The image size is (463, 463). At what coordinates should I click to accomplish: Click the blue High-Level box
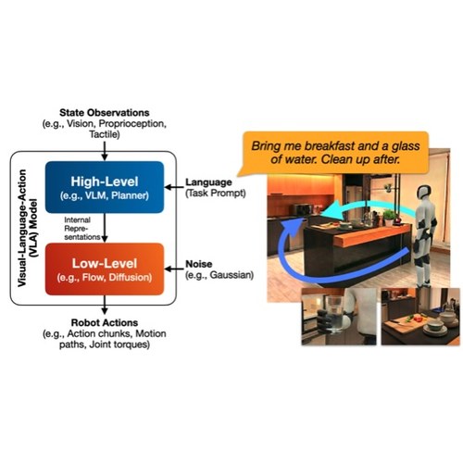(x=105, y=187)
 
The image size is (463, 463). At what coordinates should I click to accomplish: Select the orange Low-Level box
(x=105, y=269)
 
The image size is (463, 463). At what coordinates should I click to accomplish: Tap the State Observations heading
(x=105, y=113)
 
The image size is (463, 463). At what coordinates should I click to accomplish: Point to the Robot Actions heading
(x=105, y=322)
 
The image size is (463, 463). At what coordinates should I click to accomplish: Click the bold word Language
(x=208, y=182)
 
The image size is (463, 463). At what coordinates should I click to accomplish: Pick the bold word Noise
(x=198, y=264)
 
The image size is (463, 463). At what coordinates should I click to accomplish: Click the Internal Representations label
(x=81, y=229)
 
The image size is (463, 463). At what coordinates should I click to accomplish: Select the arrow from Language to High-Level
(x=174, y=187)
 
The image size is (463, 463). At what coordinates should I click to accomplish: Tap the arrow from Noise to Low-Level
(x=174, y=269)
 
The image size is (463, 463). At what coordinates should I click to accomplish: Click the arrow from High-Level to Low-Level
(x=105, y=228)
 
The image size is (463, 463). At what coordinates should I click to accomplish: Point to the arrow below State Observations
(x=105, y=151)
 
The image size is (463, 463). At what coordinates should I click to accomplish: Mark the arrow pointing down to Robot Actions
(x=105, y=305)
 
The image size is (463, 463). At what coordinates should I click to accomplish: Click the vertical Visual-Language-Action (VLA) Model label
(x=27, y=228)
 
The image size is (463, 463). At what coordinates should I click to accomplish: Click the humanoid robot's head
(x=424, y=193)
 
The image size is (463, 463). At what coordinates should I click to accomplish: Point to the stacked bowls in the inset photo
(x=434, y=326)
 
